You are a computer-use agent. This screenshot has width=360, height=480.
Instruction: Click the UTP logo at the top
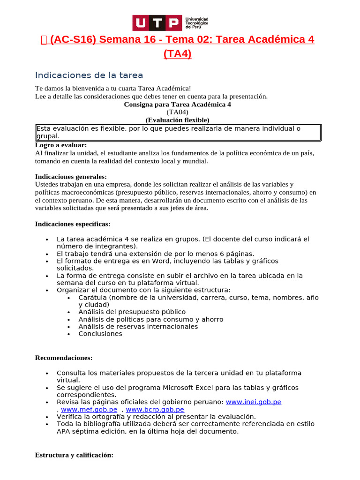[170, 22]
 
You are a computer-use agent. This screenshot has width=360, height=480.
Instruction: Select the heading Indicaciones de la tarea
[89, 75]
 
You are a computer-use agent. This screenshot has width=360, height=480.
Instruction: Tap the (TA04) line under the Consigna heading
[177, 112]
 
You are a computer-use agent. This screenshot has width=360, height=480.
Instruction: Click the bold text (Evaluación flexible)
[177, 120]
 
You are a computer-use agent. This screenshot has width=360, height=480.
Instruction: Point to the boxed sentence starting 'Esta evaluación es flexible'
[178, 132]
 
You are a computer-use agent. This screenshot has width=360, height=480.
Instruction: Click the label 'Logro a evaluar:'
[61, 145]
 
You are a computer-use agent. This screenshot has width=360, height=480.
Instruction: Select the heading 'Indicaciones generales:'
[71, 177]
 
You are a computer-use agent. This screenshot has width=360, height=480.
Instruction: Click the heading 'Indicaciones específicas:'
[73, 224]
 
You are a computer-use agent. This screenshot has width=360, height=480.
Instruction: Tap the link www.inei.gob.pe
[254, 402]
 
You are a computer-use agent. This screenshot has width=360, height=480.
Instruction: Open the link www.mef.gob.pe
[89, 409]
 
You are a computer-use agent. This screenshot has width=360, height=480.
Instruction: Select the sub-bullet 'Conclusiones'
[100, 334]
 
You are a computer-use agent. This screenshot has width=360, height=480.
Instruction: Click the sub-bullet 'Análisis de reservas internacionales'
[138, 326]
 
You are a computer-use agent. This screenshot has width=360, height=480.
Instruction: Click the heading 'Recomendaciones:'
[64, 358]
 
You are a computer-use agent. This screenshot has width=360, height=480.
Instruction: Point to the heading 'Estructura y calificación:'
[74, 455]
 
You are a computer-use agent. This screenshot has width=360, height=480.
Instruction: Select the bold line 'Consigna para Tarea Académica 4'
[177, 105]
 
